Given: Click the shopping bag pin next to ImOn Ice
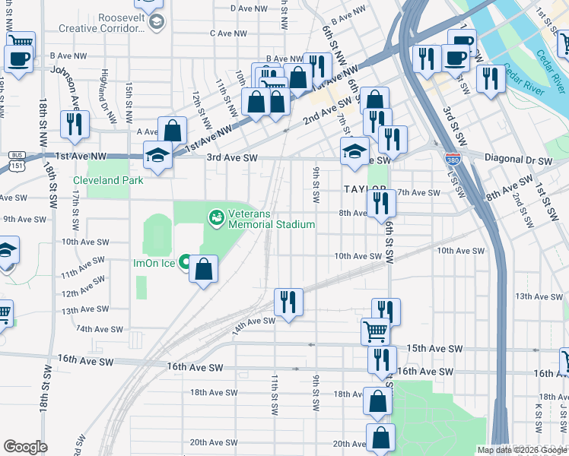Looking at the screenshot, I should click(204, 269).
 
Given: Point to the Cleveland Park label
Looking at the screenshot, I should click(108, 180).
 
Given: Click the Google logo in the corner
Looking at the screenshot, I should click(24, 447).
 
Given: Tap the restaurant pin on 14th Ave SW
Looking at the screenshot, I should click(288, 302).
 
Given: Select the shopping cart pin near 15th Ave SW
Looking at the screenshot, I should click(375, 331).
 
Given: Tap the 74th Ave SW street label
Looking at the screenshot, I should click(94, 329).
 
